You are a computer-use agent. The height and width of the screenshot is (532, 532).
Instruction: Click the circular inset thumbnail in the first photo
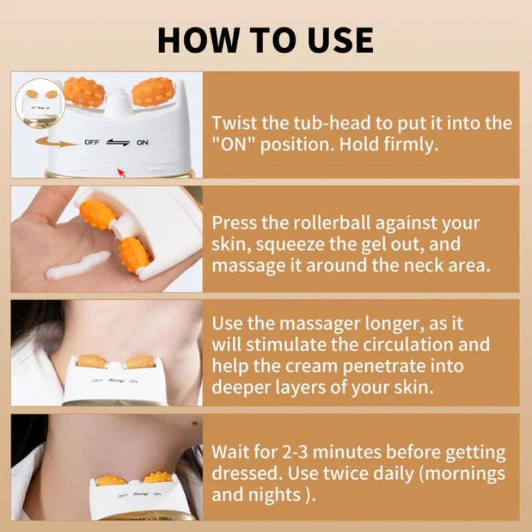(37, 100)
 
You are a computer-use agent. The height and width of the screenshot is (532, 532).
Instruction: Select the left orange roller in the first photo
(84, 92)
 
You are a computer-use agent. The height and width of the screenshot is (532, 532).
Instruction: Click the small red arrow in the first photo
(121, 172)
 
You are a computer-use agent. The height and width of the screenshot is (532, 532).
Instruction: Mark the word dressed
(251, 475)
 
